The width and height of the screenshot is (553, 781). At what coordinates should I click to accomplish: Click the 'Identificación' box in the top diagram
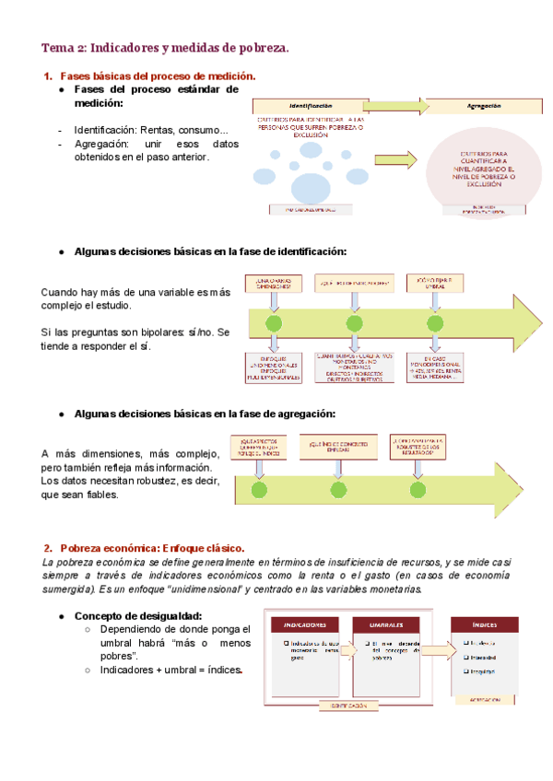(310, 107)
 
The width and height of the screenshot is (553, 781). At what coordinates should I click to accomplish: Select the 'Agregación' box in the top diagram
(477, 107)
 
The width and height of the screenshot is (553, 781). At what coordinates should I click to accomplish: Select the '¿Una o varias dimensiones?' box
(274, 283)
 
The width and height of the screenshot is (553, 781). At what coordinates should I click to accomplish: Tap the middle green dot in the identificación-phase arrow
(354, 323)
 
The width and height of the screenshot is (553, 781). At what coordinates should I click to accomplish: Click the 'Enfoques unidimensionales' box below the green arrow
(274, 367)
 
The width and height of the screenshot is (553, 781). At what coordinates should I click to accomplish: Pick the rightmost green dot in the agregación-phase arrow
(419, 489)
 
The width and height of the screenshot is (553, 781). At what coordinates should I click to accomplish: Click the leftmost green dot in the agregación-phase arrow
(260, 489)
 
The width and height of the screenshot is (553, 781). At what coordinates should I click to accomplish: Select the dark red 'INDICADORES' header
(304, 624)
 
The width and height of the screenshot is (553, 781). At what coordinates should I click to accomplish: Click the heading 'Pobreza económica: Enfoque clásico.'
(151, 548)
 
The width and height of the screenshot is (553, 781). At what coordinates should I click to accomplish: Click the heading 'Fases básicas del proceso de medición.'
(158, 76)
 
